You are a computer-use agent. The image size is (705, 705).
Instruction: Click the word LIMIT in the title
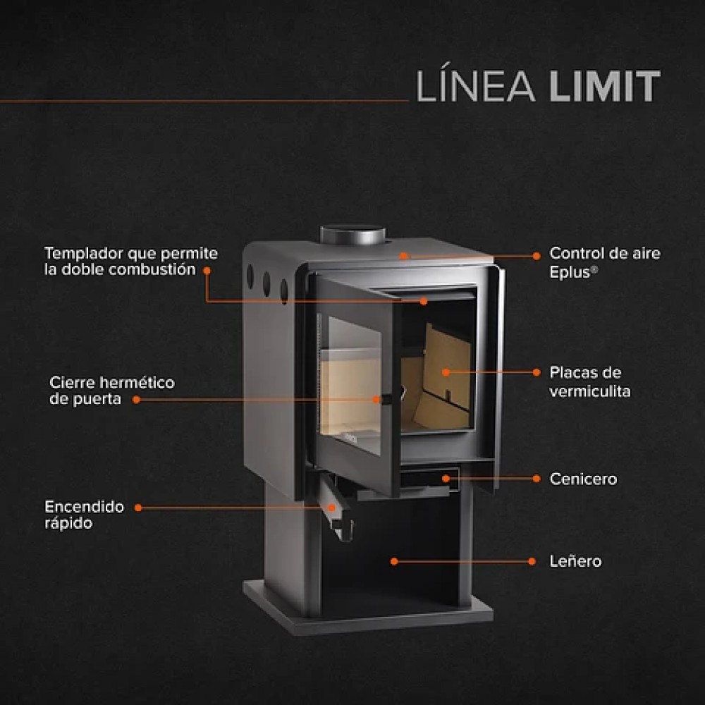(x=604, y=87)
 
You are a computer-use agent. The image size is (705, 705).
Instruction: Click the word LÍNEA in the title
(x=477, y=86)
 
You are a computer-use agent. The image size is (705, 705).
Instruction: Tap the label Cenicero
(x=583, y=479)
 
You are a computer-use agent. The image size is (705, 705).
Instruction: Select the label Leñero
(x=575, y=562)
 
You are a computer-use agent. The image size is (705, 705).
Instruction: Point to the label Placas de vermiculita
(x=589, y=381)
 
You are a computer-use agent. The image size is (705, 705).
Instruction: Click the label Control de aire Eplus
(x=604, y=262)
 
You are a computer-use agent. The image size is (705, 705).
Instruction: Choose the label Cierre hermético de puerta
(x=111, y=391)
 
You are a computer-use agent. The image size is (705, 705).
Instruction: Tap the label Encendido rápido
(x=84, y=515)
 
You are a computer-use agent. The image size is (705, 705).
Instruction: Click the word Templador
(x=83, y=253)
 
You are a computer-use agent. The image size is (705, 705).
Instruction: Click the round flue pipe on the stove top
(x=352, y=235)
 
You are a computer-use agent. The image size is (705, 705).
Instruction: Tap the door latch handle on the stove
(x=384, y=400)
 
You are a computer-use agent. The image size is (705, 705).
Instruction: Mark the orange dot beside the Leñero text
(x=533, y=562)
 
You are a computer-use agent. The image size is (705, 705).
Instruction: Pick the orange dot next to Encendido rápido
(x=138, y=507)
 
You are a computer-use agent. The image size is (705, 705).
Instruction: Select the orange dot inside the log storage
(x=394, y=562)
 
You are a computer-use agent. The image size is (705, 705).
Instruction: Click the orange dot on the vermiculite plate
(x=446, y=372)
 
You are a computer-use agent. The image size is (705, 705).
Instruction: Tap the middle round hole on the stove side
(x=266, y=283)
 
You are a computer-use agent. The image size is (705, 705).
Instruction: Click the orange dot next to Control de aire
(x=537, y=256)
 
